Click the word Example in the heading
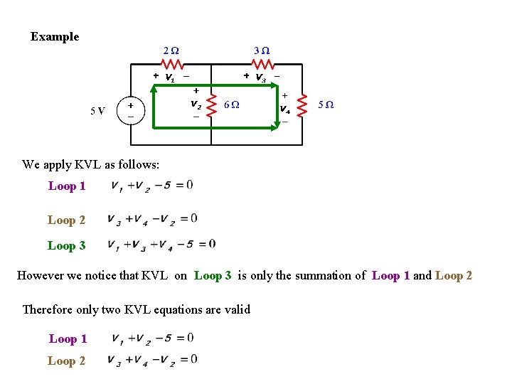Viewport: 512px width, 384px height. (55, 37)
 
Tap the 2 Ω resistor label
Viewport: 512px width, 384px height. (171, 51)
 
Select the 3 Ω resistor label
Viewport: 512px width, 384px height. (262, 51)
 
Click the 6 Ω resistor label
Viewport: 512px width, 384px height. (231, 105)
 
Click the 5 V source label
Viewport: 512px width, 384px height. (98, 110)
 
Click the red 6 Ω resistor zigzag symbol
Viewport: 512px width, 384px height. (211, 104)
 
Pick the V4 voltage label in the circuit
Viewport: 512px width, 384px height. (284, 109)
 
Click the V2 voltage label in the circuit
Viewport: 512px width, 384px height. (196, 103)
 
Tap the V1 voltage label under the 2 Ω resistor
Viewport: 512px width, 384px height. (171, 77)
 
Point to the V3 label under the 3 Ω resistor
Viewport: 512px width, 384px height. (261, 77)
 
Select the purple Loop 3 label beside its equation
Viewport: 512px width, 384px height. (66, 245)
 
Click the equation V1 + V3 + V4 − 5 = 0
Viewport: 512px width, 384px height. (161, 245)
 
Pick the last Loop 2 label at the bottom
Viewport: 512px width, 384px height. (66, 361)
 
